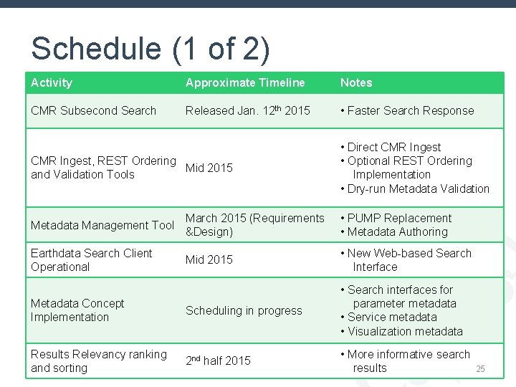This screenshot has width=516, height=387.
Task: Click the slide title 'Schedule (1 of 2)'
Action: pos(150,49)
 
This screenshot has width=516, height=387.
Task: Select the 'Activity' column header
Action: pos(52,83)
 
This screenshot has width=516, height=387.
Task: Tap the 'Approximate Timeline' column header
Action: pos(245,83)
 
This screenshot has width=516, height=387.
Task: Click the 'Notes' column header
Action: pos(356,83)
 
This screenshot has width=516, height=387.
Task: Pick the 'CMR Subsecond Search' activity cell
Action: pos(93,110)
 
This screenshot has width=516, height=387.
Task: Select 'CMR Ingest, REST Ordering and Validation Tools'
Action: pos(102,168)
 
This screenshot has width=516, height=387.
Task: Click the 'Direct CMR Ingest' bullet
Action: pos(394,148)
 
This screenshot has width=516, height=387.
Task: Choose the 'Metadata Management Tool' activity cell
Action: pos(102,225)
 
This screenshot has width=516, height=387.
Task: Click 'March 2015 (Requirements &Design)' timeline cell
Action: pos(254,225)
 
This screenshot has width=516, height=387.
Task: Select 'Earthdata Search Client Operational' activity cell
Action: pos(92,260)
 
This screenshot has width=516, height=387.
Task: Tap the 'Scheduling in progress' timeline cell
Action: pos(244,310)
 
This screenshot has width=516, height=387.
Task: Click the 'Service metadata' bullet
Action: pos(392,317)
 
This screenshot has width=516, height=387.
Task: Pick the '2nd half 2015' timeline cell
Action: pos(218,360)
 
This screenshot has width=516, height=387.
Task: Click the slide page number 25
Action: pos(481,369)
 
